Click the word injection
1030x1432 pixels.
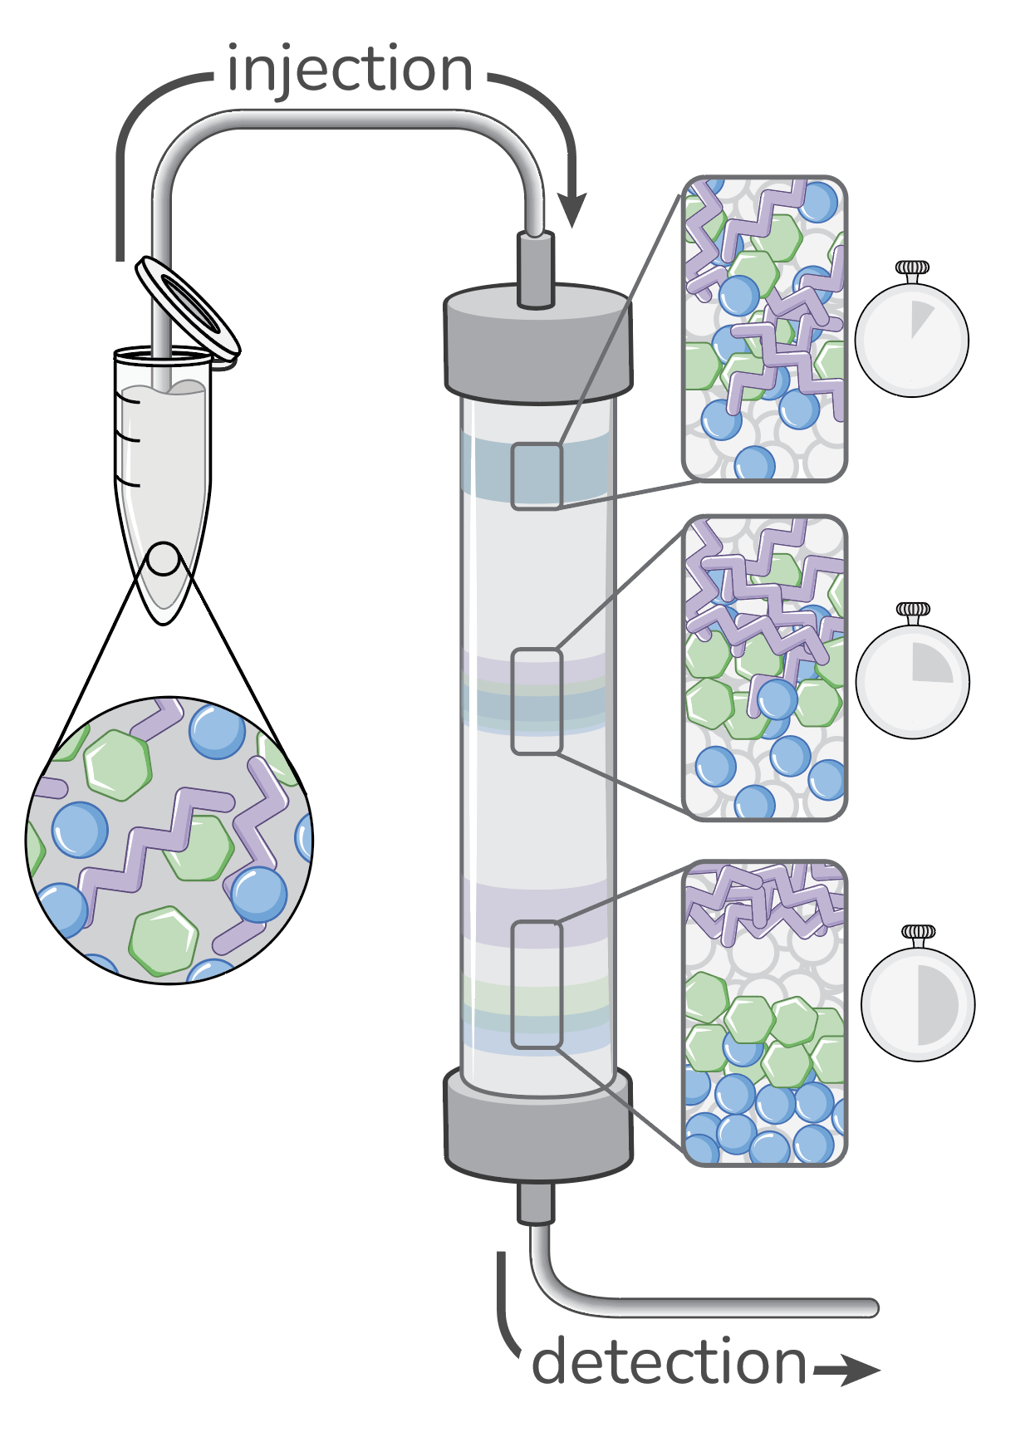[x=349, y=70]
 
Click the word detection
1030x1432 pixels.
[x=669, y=1362]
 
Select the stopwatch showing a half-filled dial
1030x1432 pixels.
[x=918, y=1003]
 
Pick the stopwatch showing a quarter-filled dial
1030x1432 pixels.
[x=913, y=680]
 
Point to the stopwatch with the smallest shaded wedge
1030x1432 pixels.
[x=911, y=340]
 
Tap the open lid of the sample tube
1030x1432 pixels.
[x=189, y=307]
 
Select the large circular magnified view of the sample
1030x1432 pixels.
[x=169, y=840]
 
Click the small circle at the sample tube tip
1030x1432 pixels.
[x=164, y=559]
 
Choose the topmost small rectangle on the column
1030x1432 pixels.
[x=537, y=475]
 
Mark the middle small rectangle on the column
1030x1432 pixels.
[x=537, y=702]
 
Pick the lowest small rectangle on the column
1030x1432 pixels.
[x=537, y=984]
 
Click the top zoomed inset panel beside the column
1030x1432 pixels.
[x=764, y=328]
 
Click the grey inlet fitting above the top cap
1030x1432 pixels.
[x=536, y=270]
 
